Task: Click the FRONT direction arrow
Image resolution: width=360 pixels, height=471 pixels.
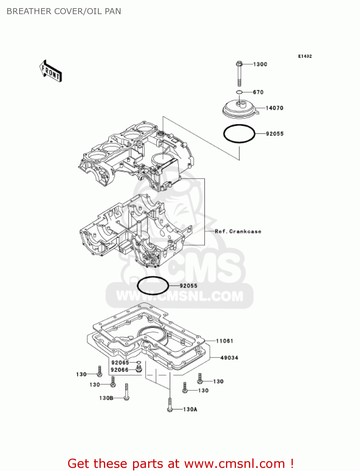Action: click(x=51, y=71)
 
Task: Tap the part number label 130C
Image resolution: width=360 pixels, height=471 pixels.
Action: click(x=260, y=64)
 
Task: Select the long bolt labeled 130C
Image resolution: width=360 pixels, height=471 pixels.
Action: click(x=239, y=73)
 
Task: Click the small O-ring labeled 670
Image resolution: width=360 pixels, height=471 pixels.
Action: click(x=239, y=92)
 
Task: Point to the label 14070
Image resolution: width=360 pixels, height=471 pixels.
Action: click(x=274, y=108)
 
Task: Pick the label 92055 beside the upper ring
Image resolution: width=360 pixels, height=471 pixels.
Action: click(x=275, y=134)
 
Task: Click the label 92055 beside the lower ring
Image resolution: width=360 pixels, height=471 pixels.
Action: click(x=188, y=286)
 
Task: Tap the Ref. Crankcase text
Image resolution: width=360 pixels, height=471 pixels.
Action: click(x=238, y=231)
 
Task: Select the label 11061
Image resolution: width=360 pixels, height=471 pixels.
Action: click(x=224, y=341)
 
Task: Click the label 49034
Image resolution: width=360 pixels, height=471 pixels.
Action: click(x=229, y=358)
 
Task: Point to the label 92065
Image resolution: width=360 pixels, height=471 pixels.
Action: click(x=120, y=363)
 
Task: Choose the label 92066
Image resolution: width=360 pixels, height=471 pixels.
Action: click(x=120, y=370)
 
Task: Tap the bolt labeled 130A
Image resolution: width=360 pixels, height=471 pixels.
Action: click(x=170, y=405)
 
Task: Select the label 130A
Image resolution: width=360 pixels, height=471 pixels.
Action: click(x=190, y=409)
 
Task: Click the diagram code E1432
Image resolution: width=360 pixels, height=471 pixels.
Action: click(x=305, y=56)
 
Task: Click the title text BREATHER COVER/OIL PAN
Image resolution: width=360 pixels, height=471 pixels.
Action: click(x=64, y=11)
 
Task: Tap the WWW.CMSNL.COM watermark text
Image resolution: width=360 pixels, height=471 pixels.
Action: click(x=180, y=296)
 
